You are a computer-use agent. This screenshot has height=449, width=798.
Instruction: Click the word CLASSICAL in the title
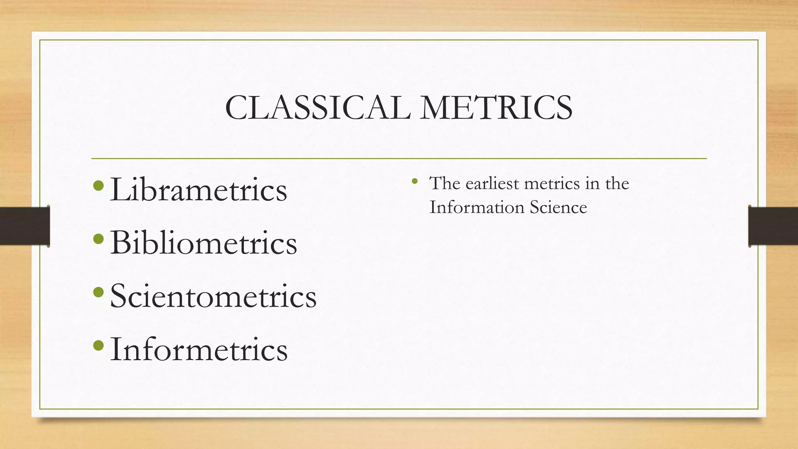coord(318,108)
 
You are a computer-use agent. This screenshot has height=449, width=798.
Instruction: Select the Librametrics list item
coord(198,190)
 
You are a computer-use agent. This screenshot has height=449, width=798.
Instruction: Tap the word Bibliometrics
coord(203,243)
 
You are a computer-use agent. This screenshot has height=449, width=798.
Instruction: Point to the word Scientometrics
coord(213,296)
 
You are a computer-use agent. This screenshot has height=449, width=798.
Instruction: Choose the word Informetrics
coord(199,349)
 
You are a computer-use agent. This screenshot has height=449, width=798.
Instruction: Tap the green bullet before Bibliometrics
coord(99,238)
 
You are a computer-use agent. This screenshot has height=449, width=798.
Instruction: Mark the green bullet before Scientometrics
coord(99,292)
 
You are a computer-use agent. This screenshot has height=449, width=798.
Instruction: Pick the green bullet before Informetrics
coord(99,345)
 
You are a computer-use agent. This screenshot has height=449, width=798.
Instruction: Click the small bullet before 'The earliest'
coord(415,181)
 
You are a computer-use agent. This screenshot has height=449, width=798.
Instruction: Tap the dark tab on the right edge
coord(773,226)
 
